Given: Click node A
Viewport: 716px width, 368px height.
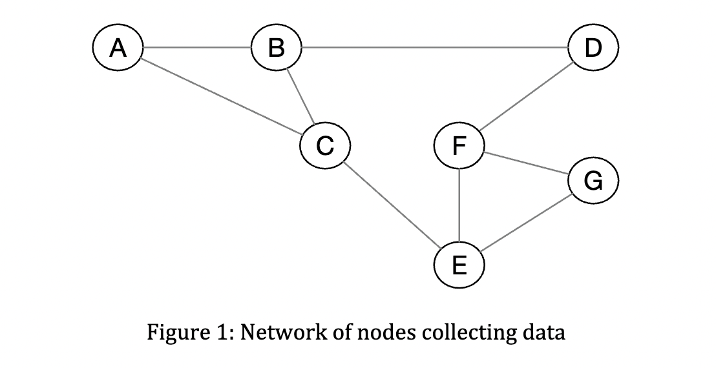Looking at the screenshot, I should pos(118,48).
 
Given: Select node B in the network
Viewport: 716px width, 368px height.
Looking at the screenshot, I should pos(276,48).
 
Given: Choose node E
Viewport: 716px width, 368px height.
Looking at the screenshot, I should pos(459,265).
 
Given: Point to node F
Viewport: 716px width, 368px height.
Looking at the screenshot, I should pos(459,146).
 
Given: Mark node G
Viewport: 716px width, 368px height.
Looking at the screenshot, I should pos(593,181).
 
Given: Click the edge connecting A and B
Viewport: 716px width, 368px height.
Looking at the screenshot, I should pos(197,48).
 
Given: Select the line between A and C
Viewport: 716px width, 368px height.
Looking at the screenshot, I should pos(222,97).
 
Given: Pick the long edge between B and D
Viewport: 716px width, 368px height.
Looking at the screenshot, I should pos(434,48).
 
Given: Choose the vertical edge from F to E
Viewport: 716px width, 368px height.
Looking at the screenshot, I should pos(459,205).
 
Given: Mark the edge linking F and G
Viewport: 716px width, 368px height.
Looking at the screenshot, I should pos(526,163).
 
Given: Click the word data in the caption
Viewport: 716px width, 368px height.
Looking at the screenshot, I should pos(542,332).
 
